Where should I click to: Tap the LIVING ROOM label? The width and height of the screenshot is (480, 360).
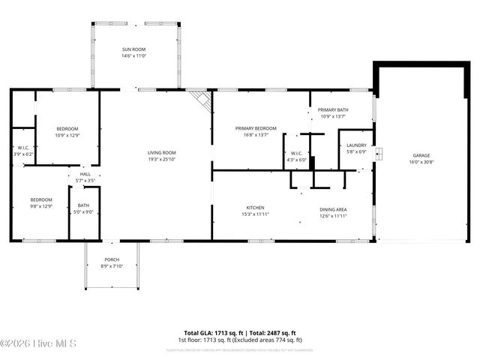[x=161, y=153]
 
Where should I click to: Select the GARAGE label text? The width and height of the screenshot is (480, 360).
[x=421, y=155]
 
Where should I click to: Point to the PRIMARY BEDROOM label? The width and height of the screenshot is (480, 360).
[x=255, y=128]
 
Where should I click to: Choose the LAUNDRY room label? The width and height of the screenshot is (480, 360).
[x=356, y=145]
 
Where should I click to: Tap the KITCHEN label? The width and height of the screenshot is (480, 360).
[x=255, y=208]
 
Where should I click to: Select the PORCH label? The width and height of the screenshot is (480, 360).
[x=112, y=259]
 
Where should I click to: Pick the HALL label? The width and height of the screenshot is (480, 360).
[x=85, y=174]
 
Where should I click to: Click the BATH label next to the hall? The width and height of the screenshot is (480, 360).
[x=83, y=205]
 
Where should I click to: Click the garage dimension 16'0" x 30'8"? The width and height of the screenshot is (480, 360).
[x=421, y=162]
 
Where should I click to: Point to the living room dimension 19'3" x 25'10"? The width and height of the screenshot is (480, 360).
[x=161, y=159]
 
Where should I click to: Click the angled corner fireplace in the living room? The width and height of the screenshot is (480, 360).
[x=199, y=100]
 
